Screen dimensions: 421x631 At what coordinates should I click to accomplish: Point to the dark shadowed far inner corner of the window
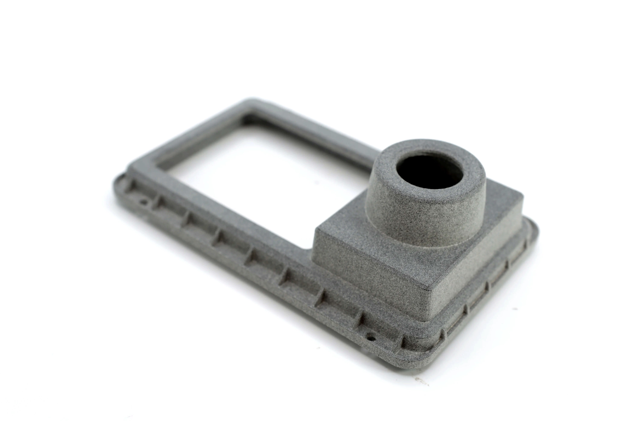point(248,121)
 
